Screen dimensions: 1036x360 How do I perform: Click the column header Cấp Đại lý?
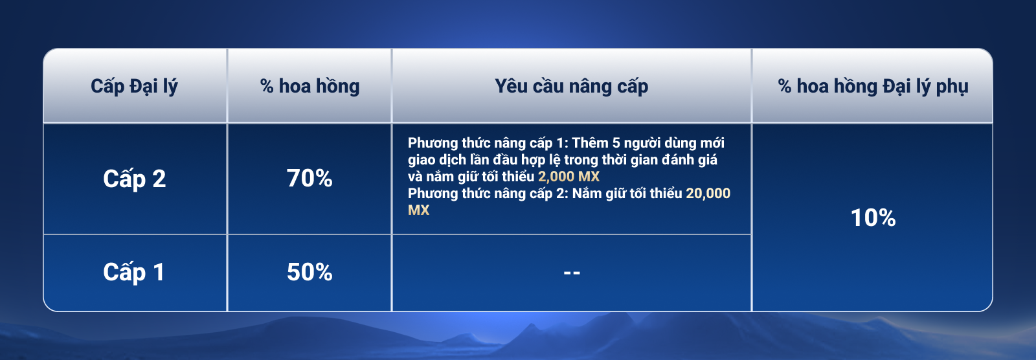pos(134,87)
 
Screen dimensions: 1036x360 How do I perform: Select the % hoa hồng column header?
pos(310,87)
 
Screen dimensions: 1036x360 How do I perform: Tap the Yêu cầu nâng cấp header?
pos(571,87)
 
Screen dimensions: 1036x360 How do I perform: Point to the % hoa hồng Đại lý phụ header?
pos(873,87)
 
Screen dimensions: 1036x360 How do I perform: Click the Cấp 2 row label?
pos(134,179)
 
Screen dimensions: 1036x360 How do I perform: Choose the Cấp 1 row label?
pos(133,272)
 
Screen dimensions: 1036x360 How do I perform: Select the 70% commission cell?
pos(310,179)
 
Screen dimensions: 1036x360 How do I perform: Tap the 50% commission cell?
pos(310,272)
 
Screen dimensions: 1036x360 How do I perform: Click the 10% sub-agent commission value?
pos(873,218)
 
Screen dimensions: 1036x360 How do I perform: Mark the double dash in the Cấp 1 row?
pos(572,273)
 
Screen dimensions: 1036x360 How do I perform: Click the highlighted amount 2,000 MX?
pos(569,176)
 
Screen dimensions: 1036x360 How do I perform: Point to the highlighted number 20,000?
pos(708,193)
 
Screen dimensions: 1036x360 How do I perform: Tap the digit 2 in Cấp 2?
pos(159,179)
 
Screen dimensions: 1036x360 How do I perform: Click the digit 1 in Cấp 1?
pos(159,272)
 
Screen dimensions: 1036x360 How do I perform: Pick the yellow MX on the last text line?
pos(418,210)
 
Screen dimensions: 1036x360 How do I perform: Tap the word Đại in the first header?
pos(144,87)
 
